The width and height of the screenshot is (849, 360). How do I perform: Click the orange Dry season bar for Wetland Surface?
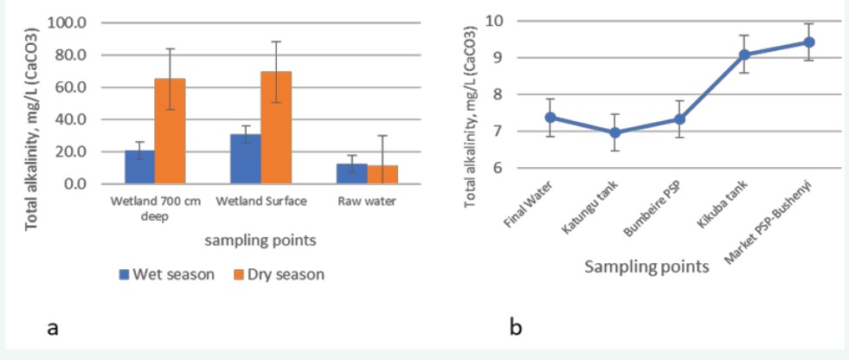(x=276, y=127)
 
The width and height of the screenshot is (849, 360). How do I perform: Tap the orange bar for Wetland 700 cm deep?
(x=170, y=131)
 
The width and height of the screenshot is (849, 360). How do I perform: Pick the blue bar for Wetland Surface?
(x=247, y=159)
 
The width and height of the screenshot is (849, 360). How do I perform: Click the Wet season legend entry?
(x=166, y=274)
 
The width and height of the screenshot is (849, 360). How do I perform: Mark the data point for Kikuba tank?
(x=743, y=55)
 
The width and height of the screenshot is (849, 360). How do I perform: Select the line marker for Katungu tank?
(x=615, y=132)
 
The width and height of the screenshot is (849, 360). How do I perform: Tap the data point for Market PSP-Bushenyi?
(x=808, y=42)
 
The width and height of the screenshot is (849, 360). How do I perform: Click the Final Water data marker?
(x=550, y=118)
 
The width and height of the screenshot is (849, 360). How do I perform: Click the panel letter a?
(x=52, y=328)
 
